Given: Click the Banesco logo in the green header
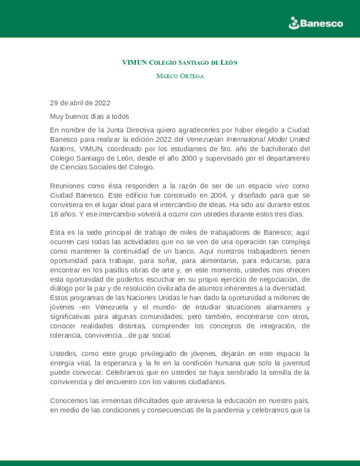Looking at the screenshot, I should [316, 23].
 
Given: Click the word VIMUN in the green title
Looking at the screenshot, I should [134, 63].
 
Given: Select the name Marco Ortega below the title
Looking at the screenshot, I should [180, 76].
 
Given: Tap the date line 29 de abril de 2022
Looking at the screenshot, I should [80, 103].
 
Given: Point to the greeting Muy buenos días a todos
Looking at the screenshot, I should [89, 117].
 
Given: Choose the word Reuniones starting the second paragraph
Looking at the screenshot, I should [66, 186].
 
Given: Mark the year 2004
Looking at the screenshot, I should [218, 195].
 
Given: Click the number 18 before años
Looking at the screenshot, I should [54, 214].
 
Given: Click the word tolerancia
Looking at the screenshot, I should [66, 335].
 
